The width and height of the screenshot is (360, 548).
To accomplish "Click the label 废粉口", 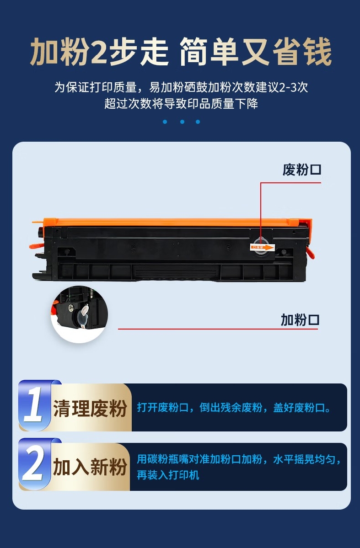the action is click(302, 170).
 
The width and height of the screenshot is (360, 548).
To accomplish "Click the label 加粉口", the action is click(300, 320).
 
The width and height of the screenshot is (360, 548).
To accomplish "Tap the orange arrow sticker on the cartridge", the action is click(263, 247).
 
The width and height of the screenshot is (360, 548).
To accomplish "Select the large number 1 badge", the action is click(34, 405).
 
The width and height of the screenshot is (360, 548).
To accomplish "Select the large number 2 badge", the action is click(33, 464).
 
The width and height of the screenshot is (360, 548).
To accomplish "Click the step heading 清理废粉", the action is click(90, 408).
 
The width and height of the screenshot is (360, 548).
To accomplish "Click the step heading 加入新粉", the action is click(90, 467).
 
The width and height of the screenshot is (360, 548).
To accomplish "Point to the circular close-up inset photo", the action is click(80, 314).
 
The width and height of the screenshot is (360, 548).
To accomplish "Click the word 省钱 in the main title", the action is click(302, 52).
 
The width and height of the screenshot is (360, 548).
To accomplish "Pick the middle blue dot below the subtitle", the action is click(182, 122).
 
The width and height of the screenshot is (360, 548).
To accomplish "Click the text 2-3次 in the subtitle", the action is click(294, 87).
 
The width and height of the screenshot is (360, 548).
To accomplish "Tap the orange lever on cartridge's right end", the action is click(310, 252).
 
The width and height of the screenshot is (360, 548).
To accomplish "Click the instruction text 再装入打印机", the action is click(168, 475).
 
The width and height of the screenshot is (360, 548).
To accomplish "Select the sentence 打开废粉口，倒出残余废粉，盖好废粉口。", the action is click(234, 408).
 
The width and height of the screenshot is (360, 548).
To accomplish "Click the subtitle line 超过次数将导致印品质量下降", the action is click(181, 103).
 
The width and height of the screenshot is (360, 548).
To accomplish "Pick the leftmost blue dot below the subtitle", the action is click(165, 122).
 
